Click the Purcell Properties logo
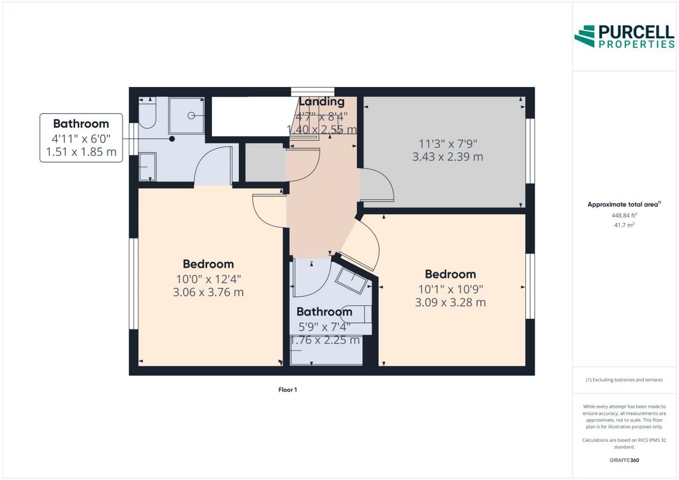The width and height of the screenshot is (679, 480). click(x=624, y=37)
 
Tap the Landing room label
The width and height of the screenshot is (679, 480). click(x=321, y=102)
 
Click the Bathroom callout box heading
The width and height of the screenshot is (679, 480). click(x=81, y=124)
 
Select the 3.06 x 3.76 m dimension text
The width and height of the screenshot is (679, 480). click(x=208, y=292)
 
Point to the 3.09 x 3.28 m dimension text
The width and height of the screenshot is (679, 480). click(x=450, y=302)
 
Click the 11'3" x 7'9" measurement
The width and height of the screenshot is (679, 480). click(x=448, y=143)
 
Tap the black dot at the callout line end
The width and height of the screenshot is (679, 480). click(x=172, y=139)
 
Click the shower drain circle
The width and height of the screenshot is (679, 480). click(x=191, y=116)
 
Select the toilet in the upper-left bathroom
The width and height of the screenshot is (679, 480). click(x=147, y=112)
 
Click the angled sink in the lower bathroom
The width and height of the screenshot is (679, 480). click(x=352, y=281)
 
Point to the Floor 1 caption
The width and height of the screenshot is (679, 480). click(x=288, y=390)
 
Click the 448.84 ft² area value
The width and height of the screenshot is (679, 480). click(x=624, y=215)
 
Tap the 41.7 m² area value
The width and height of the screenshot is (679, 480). click(x=624, y=225)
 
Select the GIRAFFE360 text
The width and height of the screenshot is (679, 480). click(x=624, y=460)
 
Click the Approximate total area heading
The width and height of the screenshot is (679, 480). click(x=624, y=204)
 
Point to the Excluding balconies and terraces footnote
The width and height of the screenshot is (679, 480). click(x=624, y=380)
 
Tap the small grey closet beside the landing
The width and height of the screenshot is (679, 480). click(x=266, y=162)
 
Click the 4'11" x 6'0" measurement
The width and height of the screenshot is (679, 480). click(x=81, y=139)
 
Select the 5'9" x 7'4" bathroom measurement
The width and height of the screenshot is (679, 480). click(x=324, y=327)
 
